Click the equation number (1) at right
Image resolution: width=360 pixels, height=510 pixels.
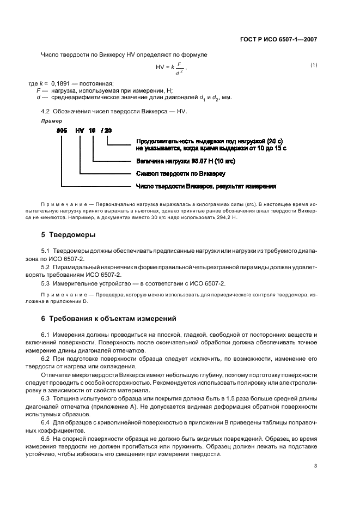click(x=314, y=65)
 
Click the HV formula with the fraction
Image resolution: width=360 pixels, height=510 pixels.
click(x=171, y=69)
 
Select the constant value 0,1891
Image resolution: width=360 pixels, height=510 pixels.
click(x=62, y=83)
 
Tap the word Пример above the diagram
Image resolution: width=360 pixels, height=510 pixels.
click(x=51, y=120)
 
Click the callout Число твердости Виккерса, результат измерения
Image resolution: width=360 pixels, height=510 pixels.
click(x=205, y=186)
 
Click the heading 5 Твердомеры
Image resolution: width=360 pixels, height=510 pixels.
click(x=68, y=235)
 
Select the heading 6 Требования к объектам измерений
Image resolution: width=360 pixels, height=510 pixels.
click(x=109, y=318)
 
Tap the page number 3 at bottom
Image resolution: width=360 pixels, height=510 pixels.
click(x=316, y=466)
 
